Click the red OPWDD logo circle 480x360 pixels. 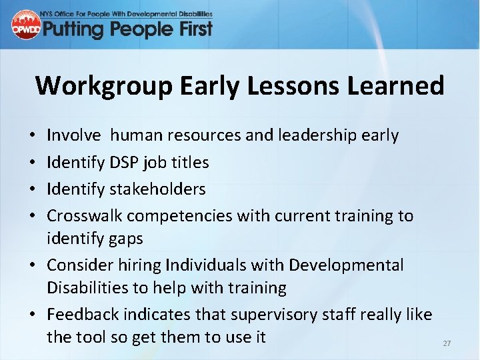26,25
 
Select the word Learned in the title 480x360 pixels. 401,86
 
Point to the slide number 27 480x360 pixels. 447,343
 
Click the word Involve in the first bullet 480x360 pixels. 74,135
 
